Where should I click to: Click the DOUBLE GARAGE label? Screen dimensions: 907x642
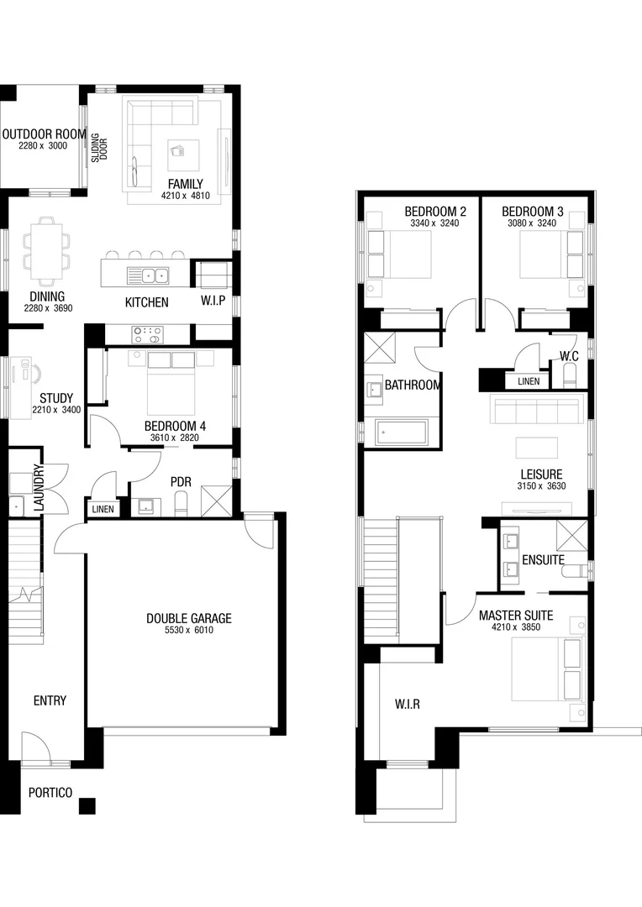pyautogui.click(x=188, y=619)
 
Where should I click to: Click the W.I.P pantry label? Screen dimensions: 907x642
pyautogui.click(x=213, y=301)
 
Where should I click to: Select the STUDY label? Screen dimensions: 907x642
pyautogui.click(x=56, y=398)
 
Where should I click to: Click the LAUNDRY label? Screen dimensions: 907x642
pyautogui.click(x=37, y=489)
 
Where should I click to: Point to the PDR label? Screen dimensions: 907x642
pyautogui.click(x=181, y=482)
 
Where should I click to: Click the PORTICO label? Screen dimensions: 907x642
pyautogui.click(x=50, y=792)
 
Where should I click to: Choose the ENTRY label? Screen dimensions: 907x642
pyautogui.click(x=50, y=700)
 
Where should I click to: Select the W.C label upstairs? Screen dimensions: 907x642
pyautogui.click(x=569, y=356)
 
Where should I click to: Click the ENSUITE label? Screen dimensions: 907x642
pyautogui.click(x=542, y=559)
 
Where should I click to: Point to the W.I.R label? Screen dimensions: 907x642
pyautogui.click(x=407, y=704)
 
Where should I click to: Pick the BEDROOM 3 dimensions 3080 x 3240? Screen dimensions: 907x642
pyautogui.click(x=532, y=224)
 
